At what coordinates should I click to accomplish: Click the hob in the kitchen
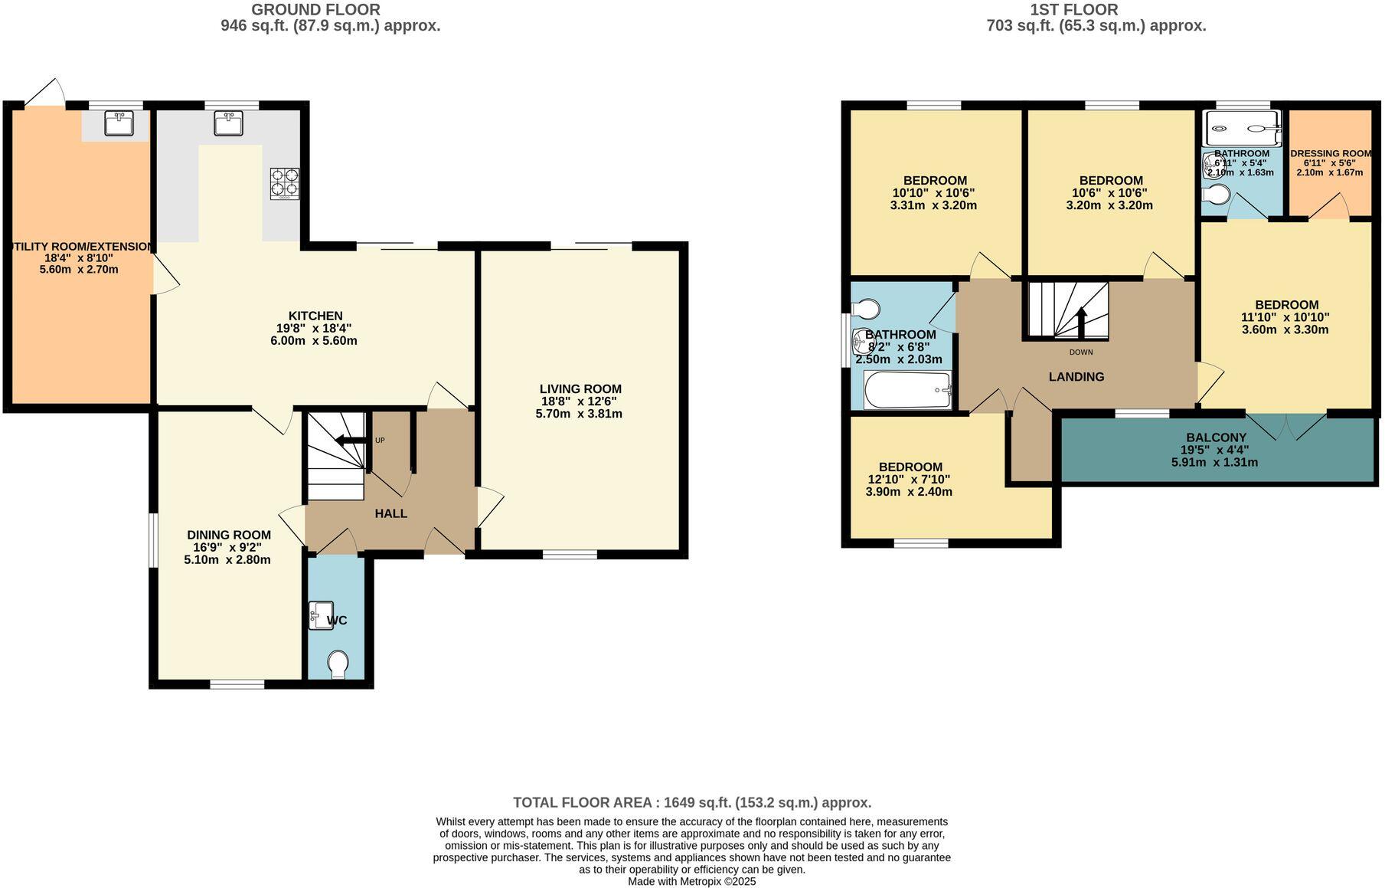[x=284, y=184]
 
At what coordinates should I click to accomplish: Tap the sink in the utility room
[x=119, y=123]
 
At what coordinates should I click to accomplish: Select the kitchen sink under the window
[x=229, y=123]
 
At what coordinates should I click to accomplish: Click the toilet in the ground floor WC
[x=338, y=664]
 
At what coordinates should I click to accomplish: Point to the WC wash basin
[x=320, y=615]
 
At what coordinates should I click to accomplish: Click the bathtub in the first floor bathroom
[x=907, y=390]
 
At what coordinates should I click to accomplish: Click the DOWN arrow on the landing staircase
[x=1081, y=322]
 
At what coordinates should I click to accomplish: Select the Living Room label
[x=580, y=389]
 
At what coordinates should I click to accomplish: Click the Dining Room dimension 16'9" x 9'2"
[x=227, y=548]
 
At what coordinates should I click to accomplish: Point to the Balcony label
[x=1217, y=438]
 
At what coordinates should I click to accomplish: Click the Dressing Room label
[x=1331, y=153]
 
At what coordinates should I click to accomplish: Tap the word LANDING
[x=1076, y=377]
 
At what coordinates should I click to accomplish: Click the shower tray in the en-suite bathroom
[x=1242, y=128]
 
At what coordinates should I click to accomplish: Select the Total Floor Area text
[x=692, y=803]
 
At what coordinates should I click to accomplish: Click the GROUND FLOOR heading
[x=315, y=10]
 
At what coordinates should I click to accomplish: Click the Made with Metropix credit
[x=691, y=882]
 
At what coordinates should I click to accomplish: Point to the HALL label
[x=390, y=513]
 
